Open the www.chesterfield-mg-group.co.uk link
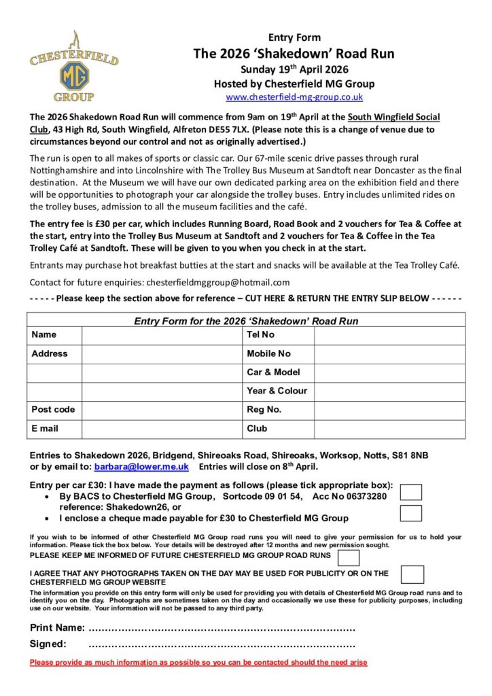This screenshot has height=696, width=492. [294, 97]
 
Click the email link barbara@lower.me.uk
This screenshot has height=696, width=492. [141, 467]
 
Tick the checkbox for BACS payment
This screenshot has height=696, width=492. [410, 492]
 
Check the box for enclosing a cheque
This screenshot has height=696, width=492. [410, 513]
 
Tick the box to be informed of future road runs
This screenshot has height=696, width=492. [349, 558]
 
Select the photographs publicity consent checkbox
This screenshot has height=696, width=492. [412, 574]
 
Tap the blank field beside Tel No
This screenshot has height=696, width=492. [389, 335]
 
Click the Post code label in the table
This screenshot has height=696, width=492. [53, 410]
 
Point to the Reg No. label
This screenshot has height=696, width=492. [264, 410]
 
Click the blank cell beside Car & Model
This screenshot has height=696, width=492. [389, 372]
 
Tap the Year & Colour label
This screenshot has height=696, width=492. [277, 391]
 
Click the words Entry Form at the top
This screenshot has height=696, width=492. [294, 37]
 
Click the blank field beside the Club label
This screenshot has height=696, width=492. [389, 429]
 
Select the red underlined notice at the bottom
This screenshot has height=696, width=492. [198, 663]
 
